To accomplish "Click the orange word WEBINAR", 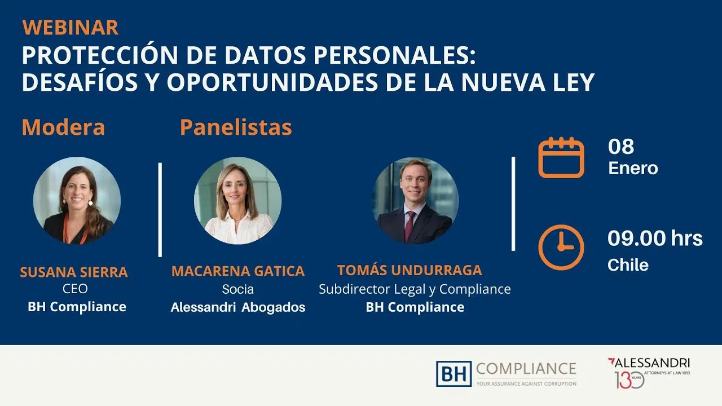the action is pyautogui.click(x=71, y=28).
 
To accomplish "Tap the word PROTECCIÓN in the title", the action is pyautogui.click(x=100, y=55).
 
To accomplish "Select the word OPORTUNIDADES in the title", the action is pyautogui.click(x=272, y=82).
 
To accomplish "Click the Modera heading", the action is pyautogui.click(x=64, y=127).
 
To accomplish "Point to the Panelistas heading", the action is pyautogui.click(x=236, y=127).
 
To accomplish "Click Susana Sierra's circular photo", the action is pyautogui.click(x=77, y=200).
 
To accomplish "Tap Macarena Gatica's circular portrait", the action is pyautogui.click(x=238, y=200).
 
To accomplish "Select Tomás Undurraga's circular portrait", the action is pyautogui.click(x=415, y=200).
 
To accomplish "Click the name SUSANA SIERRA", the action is pyautogui.click(x=74, y=272).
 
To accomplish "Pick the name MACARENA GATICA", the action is pyautogui.click(x=238, y=271).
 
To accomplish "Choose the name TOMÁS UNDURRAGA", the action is pyautogui.click(x=410, y=270).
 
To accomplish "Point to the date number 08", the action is pyautogui.click(x=621, y=147).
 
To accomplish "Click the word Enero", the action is pyautogui.click(x=633, y=168).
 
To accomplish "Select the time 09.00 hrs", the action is pyautogui.click(x=655, y=238).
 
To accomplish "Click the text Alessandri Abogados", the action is pyautogui.click(x=238, y=307).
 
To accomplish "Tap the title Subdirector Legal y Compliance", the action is pyautogui.click(x=415, y=289).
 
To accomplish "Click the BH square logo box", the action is pyautogui.click(x=454, y=374).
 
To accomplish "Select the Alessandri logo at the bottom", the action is pyautogui.click(x=649, y=373).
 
